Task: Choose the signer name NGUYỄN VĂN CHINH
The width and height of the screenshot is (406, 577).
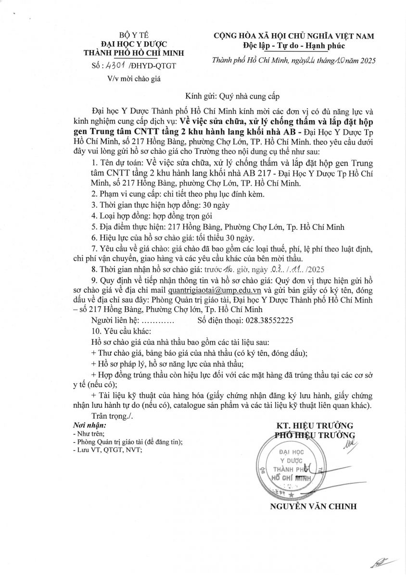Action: (313, 506)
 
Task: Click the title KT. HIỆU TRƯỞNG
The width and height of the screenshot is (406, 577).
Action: (315, 426)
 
